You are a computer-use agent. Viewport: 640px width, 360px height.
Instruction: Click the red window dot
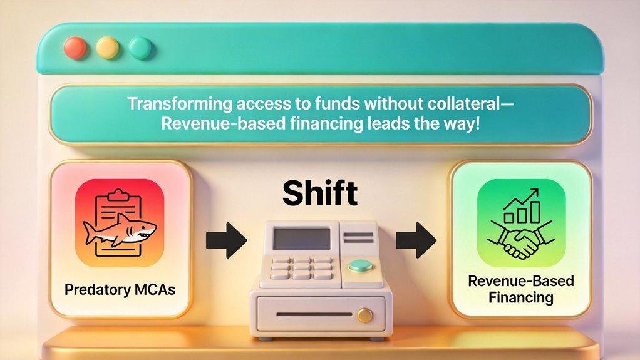click(x=75, y=48)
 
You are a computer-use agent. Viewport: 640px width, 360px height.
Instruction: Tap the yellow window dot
click(x=107, y=48)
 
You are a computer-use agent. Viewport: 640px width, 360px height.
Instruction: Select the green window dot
click(x=140, y=48)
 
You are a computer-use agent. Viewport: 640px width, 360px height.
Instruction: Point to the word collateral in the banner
click(x=460, y=104)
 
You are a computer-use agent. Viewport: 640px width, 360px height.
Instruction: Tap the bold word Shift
click(x=319, y=193)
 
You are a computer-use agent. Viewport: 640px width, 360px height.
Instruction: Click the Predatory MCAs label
click(x=120, y=290)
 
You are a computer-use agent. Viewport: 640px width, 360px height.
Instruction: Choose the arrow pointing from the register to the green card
click(x=416, y=240)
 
